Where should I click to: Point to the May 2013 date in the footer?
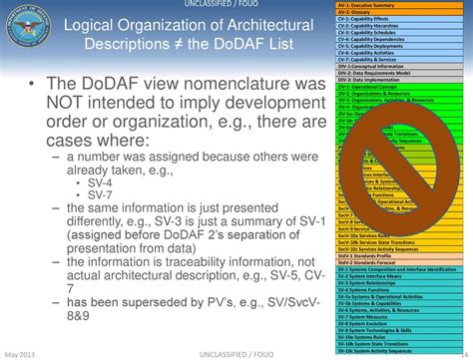click(x=23, y=353)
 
